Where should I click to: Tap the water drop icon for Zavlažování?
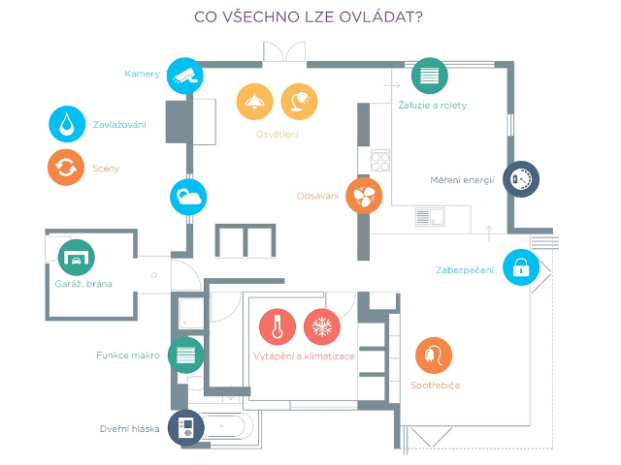tap(66, 124)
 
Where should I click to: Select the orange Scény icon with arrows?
tap(66, 168)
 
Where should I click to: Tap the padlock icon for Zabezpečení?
tap(520, 266)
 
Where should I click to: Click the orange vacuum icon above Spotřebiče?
tap(433, 355)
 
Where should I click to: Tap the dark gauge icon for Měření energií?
tap(520, 179)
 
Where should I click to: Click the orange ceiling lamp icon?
tap(255, 100)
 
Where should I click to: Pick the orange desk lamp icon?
tap(299, 100)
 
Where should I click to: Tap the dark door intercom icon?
tap(186, 427)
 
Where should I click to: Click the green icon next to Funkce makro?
tap(186, 355)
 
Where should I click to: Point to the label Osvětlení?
tap(278, 134)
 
